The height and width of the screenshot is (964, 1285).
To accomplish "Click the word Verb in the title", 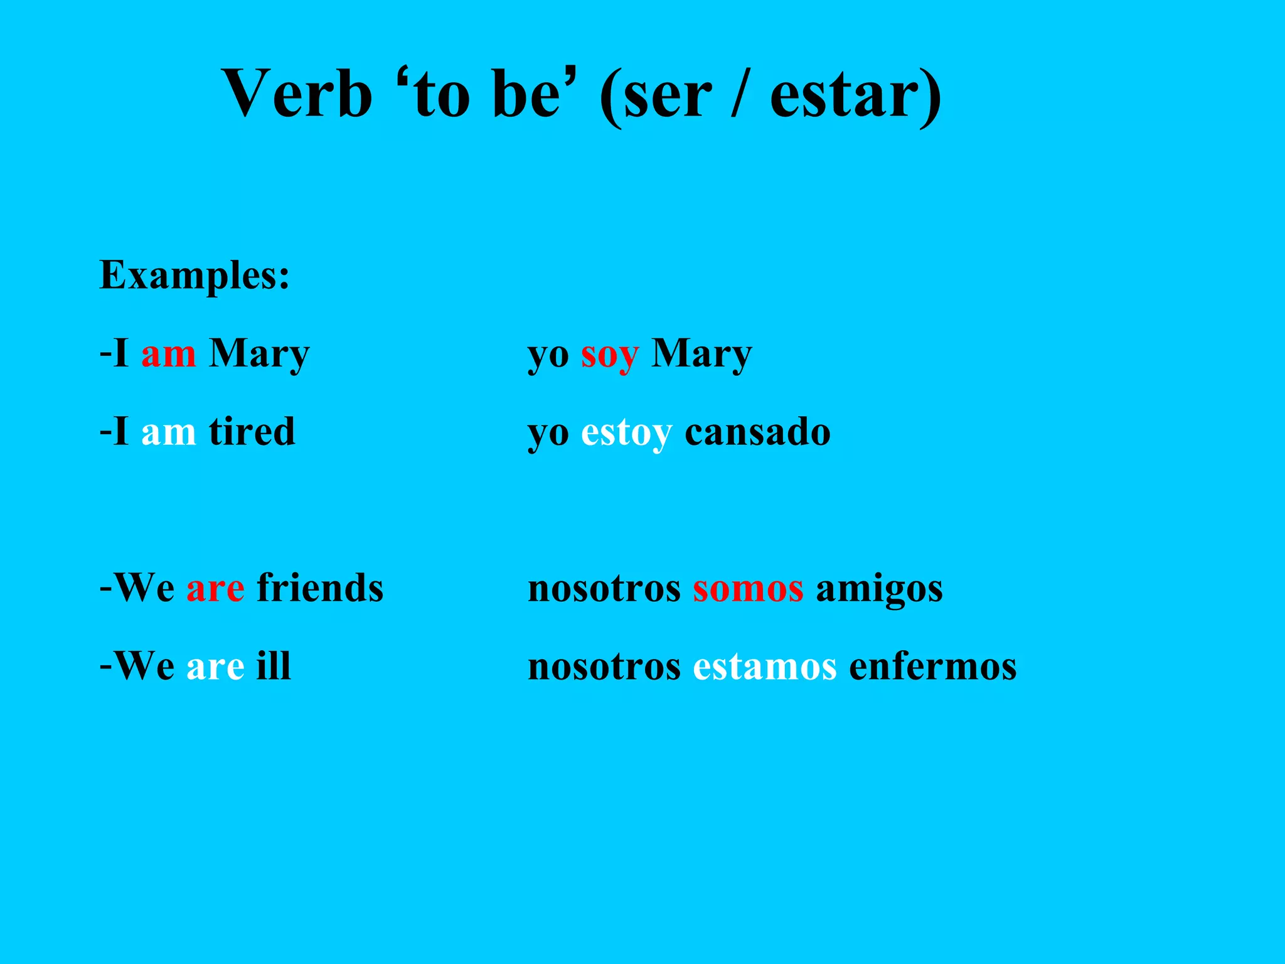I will (297, 94).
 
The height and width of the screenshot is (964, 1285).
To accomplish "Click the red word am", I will (168, 355).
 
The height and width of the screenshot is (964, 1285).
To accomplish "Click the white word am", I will (168, 433).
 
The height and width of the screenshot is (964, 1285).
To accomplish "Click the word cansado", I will (757, 432).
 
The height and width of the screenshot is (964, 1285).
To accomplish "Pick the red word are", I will (215, 589).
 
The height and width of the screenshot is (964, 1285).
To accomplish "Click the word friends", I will (320, 588).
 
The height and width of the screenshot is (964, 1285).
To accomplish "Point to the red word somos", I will (748, 589).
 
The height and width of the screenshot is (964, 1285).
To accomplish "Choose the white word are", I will (215, 667).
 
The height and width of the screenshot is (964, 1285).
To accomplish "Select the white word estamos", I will (764, 667).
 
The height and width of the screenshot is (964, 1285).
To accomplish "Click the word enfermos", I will (932, 667).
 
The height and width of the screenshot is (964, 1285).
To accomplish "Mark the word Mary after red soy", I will (701, 355).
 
